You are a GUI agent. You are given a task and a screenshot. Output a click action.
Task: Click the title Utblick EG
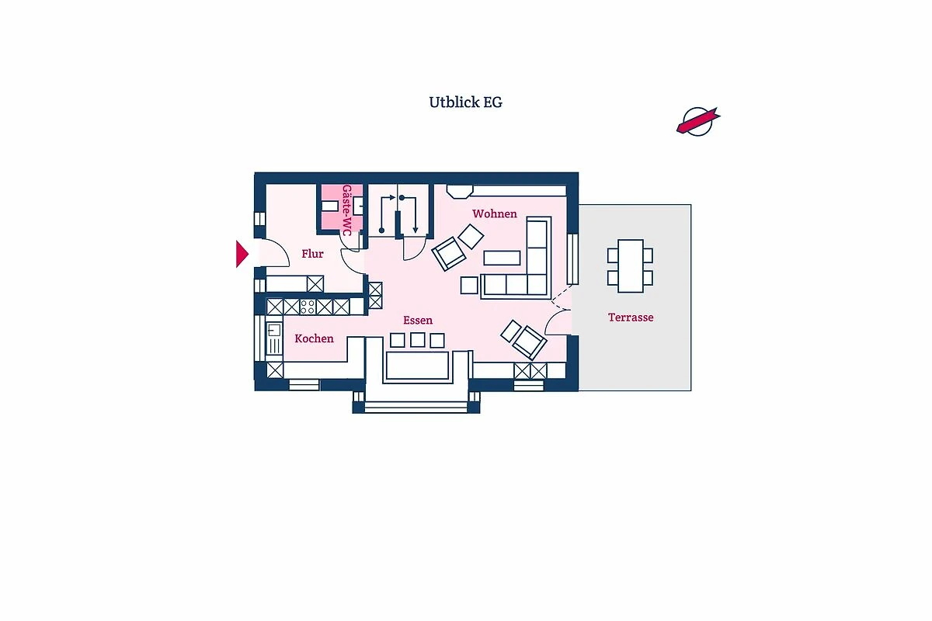[x=465, y=102]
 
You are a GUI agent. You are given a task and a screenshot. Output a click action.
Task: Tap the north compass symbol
[x=698, y=121]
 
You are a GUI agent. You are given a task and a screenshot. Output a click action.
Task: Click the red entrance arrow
[x=242, y=254]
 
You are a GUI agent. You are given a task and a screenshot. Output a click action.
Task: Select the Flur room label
[x=312, y=254]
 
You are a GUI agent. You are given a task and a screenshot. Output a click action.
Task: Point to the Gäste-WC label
[x=346, y=210]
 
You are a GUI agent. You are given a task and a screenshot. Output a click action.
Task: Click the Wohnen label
[x=495, y=213]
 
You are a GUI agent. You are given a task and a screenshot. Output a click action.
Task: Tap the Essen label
[x=418, y=321]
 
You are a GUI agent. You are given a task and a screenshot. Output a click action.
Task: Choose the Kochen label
[x=314, y=338]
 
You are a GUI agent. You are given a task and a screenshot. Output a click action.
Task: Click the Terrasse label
[x=631, y=317]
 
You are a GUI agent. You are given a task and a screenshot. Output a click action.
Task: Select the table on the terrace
[x=631, y=266]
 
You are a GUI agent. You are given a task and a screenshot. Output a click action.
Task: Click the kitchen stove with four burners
[x=308, y=307]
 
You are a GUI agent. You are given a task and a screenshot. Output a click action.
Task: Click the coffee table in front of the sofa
[x=502, y=258]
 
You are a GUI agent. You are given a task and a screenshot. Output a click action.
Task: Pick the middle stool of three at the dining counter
[x=417, y=340]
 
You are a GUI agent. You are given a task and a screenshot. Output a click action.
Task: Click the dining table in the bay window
[x=417, y=365]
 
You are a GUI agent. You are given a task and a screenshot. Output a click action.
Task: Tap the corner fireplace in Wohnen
[x=460, y=191]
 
